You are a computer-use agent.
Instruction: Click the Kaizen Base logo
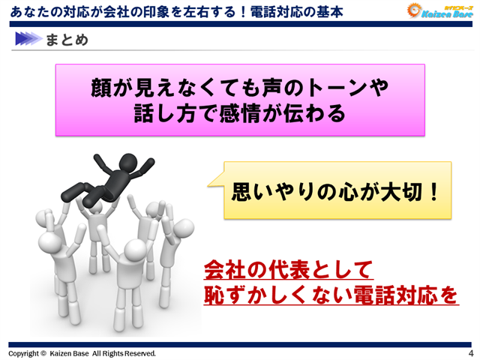tap(439, 11)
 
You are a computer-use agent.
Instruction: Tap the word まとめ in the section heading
tap(65, 40)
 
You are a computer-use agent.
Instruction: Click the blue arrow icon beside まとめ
tap(27, 40)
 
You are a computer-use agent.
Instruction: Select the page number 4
tap(470, 352)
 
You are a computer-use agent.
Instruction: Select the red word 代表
tap(281, 268)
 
